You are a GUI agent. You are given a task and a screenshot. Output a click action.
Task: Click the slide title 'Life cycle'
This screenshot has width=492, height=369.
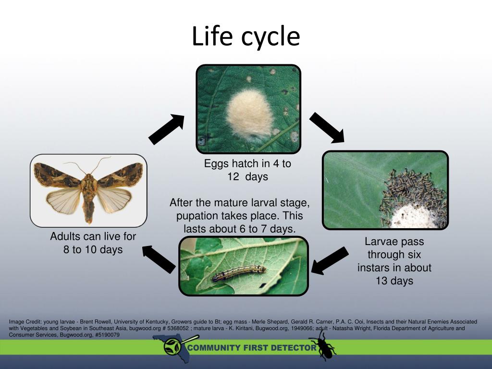point(246,37)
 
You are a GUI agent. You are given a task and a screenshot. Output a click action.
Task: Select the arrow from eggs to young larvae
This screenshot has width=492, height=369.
point(327,127)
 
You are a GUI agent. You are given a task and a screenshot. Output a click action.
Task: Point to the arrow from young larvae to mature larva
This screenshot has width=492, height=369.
point(331,261)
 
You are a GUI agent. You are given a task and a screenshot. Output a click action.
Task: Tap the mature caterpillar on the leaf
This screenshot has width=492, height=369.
point(239,273)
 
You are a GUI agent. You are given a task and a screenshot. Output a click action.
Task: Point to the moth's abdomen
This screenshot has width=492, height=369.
point(89,207)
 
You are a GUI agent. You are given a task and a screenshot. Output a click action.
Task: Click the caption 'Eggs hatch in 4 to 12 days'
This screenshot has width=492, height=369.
point(247,170)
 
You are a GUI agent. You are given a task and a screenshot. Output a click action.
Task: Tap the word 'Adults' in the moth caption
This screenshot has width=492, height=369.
point(65,236)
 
